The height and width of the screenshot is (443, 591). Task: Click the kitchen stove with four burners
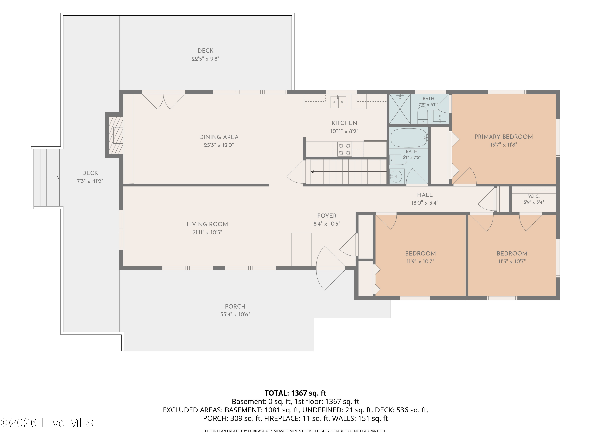point(344,149)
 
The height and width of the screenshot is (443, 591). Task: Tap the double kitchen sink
point(338,102)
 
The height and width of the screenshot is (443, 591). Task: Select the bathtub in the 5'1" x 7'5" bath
point(410,138)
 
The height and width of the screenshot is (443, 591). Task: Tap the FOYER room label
point(327,216)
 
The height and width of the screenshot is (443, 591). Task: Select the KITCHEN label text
point(344,123)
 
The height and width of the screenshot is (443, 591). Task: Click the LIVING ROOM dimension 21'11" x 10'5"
point(207,232)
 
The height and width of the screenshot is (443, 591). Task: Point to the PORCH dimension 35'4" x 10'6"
point(235,315)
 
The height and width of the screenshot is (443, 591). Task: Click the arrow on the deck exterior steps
point(46,178)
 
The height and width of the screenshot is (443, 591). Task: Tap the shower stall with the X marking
point(400,109)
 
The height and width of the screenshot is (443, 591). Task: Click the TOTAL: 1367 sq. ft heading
point(295,393)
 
